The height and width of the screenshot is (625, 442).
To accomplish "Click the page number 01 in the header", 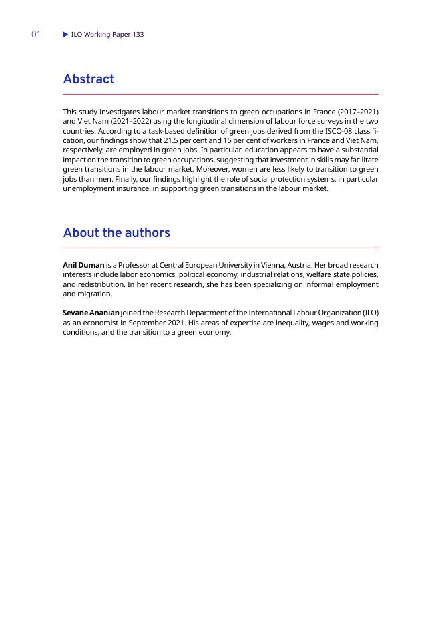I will [x=36, y=34].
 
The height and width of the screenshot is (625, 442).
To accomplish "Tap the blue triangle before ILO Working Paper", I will [x=65, y=34].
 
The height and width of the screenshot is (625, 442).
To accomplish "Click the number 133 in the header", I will [x=138, y=34].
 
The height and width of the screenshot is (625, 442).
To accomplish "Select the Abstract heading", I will [x=88, y=79].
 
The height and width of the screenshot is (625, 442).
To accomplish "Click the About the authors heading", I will [x=116, y=233].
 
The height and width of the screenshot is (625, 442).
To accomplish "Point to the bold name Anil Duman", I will [x=83, y=265].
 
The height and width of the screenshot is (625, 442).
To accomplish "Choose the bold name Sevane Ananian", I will [x=91, y=312].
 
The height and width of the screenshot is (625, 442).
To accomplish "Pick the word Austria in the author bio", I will [x=298, y=265].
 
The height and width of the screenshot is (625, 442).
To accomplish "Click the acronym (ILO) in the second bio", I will [x=370, y=312].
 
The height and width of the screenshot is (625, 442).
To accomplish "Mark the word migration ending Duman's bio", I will [x=97, y=294].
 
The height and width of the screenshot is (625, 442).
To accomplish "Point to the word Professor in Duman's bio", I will [x=135, y=265].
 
